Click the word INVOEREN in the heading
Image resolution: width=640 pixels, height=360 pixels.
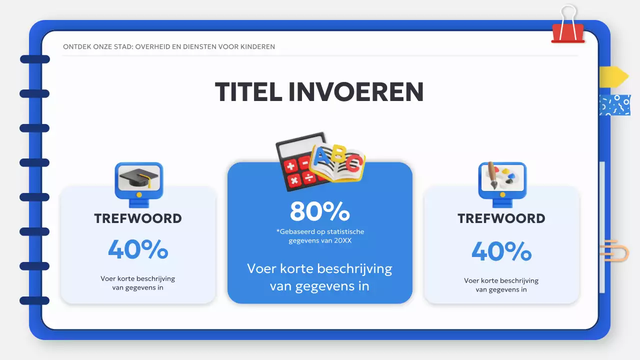point(356,92)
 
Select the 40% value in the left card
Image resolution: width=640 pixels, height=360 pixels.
point(138,249)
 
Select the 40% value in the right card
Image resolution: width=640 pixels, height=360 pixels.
point(501,251)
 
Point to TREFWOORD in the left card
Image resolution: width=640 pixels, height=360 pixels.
point(138,218)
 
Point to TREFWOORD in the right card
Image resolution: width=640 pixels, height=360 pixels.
point(501,218)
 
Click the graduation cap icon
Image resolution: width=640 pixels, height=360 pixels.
point(138,179)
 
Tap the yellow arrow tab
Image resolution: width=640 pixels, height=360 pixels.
point(613,76)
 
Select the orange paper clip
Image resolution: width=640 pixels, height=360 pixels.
point(614,250)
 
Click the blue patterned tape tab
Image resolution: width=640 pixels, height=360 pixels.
point(615,105)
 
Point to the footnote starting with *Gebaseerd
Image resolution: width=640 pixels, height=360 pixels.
point(319,236)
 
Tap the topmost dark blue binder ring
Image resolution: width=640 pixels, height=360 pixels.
point(34,59)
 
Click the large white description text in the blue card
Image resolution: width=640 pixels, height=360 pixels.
point(319,277)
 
